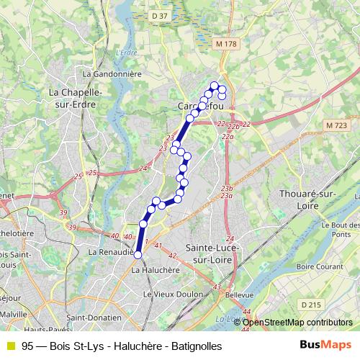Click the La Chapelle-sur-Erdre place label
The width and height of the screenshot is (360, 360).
[x=74, y=98]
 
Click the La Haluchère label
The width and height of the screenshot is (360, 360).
[x=155, y=270]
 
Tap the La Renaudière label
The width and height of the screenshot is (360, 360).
[x=110, y=253]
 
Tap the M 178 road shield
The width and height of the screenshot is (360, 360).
[x=226, y=44]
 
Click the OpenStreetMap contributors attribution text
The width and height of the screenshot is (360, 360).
[x=297, y=322]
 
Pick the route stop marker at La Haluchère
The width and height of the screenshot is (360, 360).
[x=138, y=254]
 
